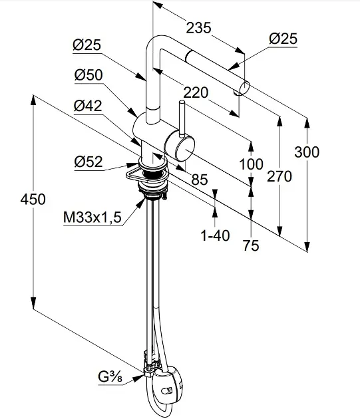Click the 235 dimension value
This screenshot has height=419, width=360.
(198, 28)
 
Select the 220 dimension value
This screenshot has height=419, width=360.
(196, 92)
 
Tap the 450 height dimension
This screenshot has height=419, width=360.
(33, 200)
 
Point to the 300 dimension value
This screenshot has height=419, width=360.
(307, 152)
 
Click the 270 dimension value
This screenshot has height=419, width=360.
(279, 177)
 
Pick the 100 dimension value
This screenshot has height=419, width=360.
(251, 164)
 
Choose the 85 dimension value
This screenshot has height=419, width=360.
(200, 180)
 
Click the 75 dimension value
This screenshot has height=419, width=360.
(251, 245)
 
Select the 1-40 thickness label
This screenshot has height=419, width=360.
(215, 235)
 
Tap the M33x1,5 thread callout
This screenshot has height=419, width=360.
(92, 217)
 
